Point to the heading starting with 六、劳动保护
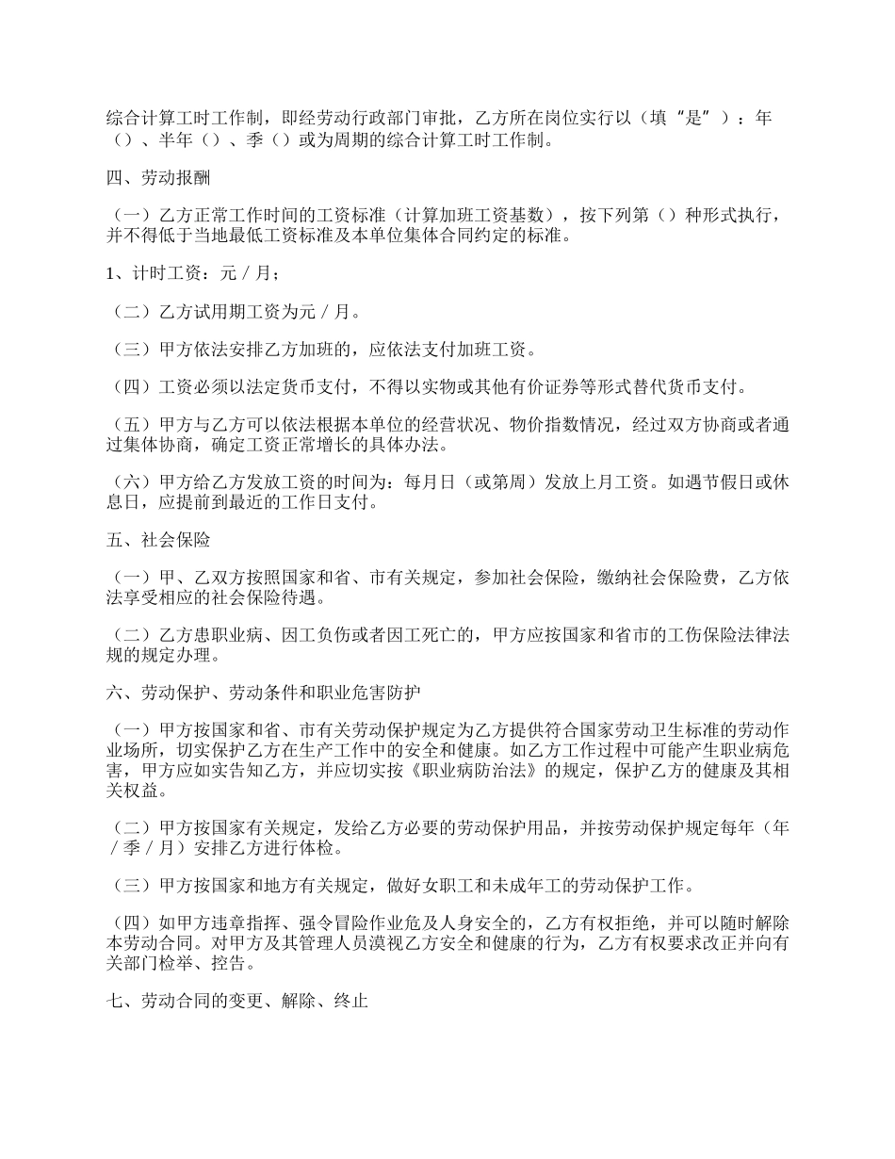tap(263, 693)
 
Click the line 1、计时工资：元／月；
tap(192, 274)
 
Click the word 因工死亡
tap(412, 636)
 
